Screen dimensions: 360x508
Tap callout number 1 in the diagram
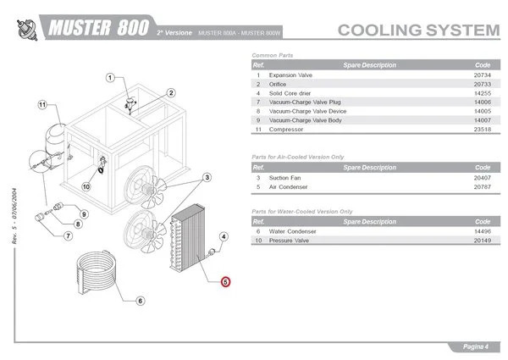click(x=109, y=79)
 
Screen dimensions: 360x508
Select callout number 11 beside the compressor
click(x=40, y=105)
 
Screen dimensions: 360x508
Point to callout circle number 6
click(x=141, y=300)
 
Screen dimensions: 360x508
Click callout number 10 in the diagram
click(x=86, y=186)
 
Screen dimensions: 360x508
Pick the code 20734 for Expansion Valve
click(x=483, y=75)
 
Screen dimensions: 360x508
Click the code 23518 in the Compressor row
click(x=483, y=130)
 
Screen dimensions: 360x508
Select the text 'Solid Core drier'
click(x=292, y=93)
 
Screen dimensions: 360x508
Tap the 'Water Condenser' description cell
click(x=293, y=230)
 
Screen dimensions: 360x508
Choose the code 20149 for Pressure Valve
click(x=483, y=240)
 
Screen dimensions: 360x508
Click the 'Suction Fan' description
click(x=284, y=178)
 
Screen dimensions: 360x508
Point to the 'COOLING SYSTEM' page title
click(x=418, y=30)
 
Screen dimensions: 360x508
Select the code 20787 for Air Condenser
click(x=483, y=187)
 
